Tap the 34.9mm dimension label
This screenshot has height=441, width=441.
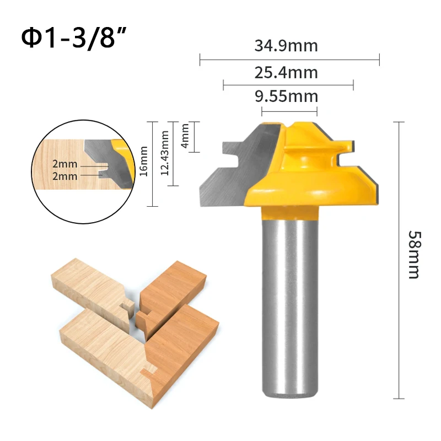(x=286, y=45)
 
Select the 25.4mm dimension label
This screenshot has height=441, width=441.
(x=286, y=72)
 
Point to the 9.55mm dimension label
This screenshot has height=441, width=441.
(x=286, y=97)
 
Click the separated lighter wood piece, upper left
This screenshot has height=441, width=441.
(x=91, y=287)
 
